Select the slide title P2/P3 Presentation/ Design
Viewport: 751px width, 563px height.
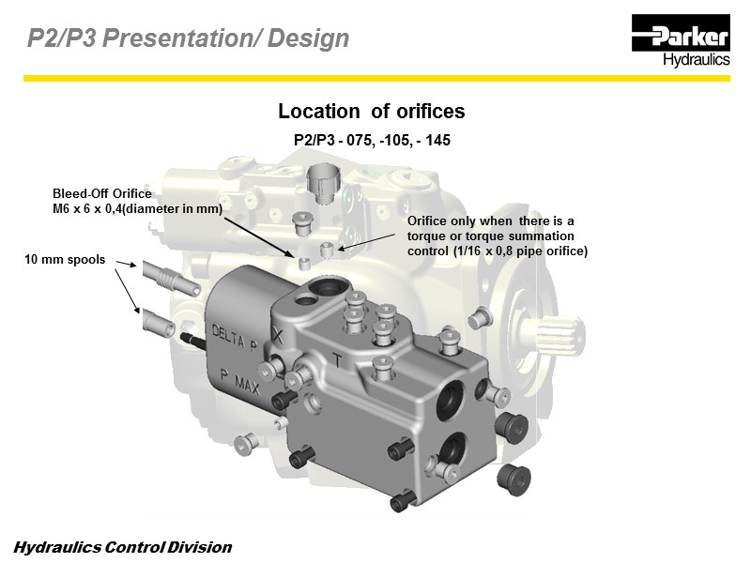[x=188, y=38]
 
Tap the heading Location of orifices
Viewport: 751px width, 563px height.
[x=371, y=112]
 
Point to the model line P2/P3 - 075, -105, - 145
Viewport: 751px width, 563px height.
[x=372, y=139]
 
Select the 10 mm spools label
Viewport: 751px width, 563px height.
[x=64, y=257]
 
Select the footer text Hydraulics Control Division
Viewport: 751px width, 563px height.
[x=122, y=547]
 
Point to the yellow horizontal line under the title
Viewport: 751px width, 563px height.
[x=375, y=79]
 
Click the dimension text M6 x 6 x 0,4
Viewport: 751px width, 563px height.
[x=90, y=208]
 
